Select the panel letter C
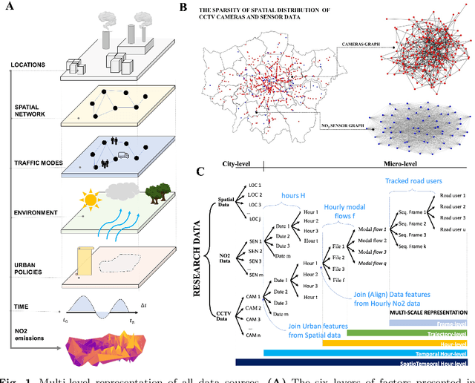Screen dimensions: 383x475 [x=200, y=172]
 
